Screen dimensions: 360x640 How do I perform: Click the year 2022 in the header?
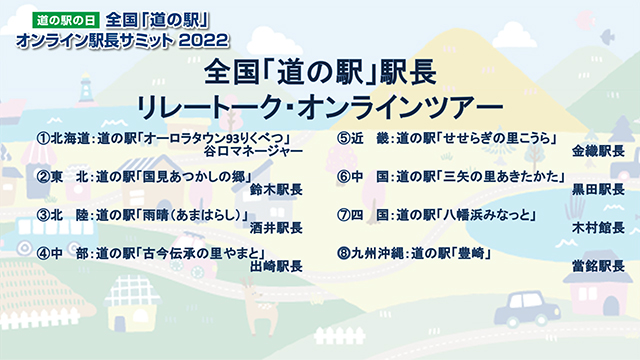point(206,39)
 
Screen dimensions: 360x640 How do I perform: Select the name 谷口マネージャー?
point(253,152)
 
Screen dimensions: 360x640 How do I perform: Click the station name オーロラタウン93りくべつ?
point(214,138)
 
